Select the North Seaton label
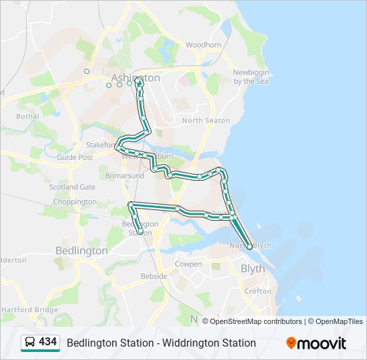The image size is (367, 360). (x=206, y=121)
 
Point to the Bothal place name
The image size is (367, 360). (x=28, y=116)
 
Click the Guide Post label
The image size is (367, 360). (x=75, y=157)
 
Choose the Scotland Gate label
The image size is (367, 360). (x=72, y=187)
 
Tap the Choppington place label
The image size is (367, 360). (x=75, y=201)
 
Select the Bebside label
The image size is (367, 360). (x=154, y=275)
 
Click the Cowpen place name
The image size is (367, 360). (x=188, y=264)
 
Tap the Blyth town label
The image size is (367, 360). (x=252, y=269)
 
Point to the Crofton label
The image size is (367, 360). (x=258, y=291)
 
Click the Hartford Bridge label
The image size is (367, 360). (x=30, y=310)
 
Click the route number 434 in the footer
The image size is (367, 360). (x=47, y=342)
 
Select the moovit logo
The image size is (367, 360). (x=316, y=343)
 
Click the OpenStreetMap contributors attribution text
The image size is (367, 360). (x=256, y=321)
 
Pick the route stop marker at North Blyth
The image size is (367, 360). (x=250, y=247)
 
